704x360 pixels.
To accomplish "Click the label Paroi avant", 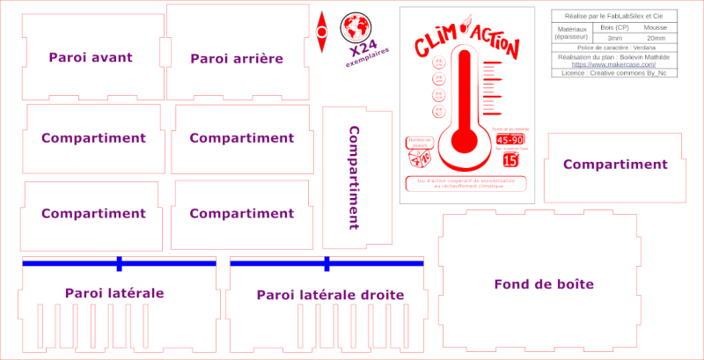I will (91, 57).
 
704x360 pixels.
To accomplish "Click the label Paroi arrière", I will (237, 58).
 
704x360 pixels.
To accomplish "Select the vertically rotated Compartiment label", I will (354, 177).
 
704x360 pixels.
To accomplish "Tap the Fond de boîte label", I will (544, 284).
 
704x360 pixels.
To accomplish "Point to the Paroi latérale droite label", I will (330, 295).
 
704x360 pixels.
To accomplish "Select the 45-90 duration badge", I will (510, 140).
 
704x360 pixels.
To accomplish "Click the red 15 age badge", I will (510, 160).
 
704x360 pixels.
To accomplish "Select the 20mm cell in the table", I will (656, 38).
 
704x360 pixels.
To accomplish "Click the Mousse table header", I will (656, 28).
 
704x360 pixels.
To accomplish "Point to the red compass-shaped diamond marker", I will (322, 27).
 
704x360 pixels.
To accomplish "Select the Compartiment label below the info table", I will (615, 165).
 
